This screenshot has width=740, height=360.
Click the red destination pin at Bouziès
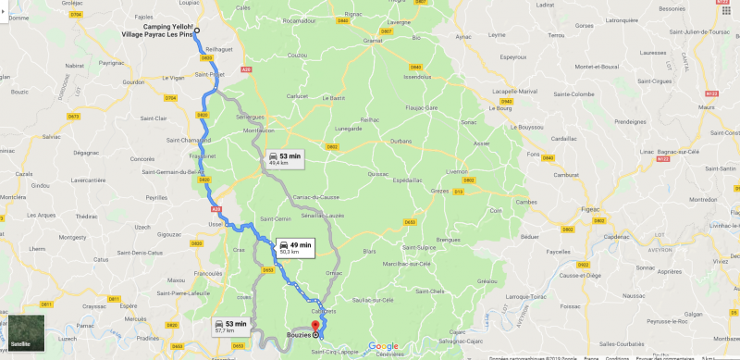315,325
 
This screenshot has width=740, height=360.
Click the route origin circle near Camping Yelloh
197,31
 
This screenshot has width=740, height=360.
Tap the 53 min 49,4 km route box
285,159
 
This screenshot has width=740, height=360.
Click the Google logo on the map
382,346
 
